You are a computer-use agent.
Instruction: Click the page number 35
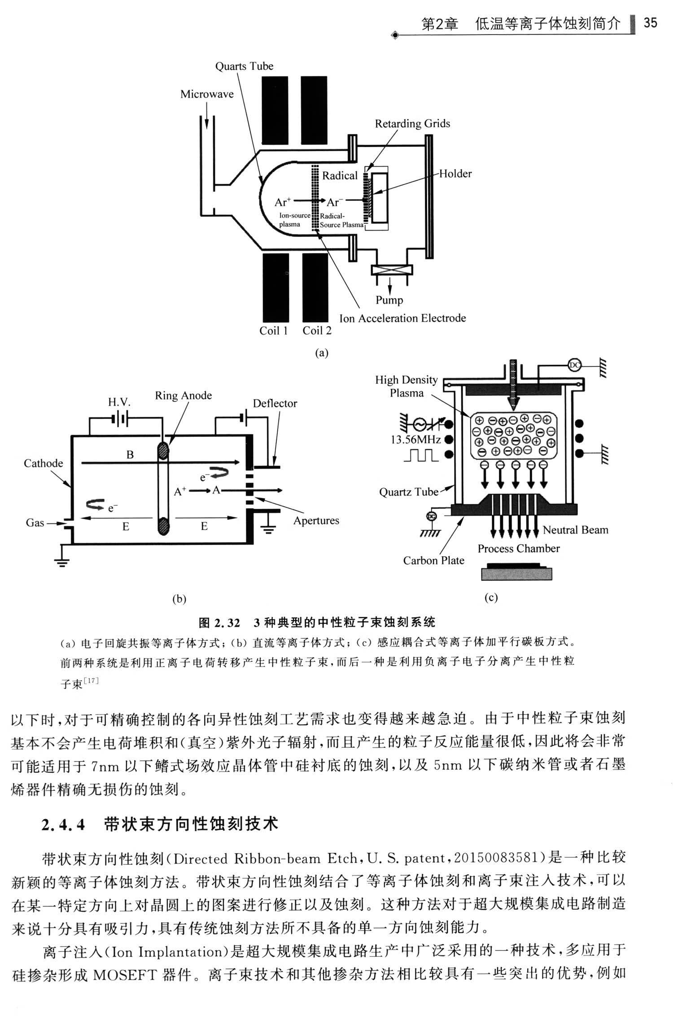[650, 22]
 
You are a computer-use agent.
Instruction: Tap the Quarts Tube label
[244, 66]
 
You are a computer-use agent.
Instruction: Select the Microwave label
[207, 94]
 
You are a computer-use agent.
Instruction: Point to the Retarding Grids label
[412, 124]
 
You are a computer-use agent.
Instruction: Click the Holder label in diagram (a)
[455, 174]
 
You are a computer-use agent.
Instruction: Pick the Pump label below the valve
[389, 300]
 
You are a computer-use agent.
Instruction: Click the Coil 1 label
[274, 331]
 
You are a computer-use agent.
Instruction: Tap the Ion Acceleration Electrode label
[402, 318]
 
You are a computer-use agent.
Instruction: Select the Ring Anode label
[184, 396]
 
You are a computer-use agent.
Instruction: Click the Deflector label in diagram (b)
[275, 403]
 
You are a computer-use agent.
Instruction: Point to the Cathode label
[44, 463]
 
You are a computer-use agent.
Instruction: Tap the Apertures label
[316, 521]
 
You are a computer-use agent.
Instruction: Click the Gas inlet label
[35, 523]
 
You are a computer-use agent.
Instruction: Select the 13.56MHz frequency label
[415, 440]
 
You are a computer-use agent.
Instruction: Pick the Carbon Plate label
[433, 560]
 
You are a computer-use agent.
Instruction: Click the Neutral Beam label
[576, 530]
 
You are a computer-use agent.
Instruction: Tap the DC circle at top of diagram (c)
[575, 365]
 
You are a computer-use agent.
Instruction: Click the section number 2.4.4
[63, 825]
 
